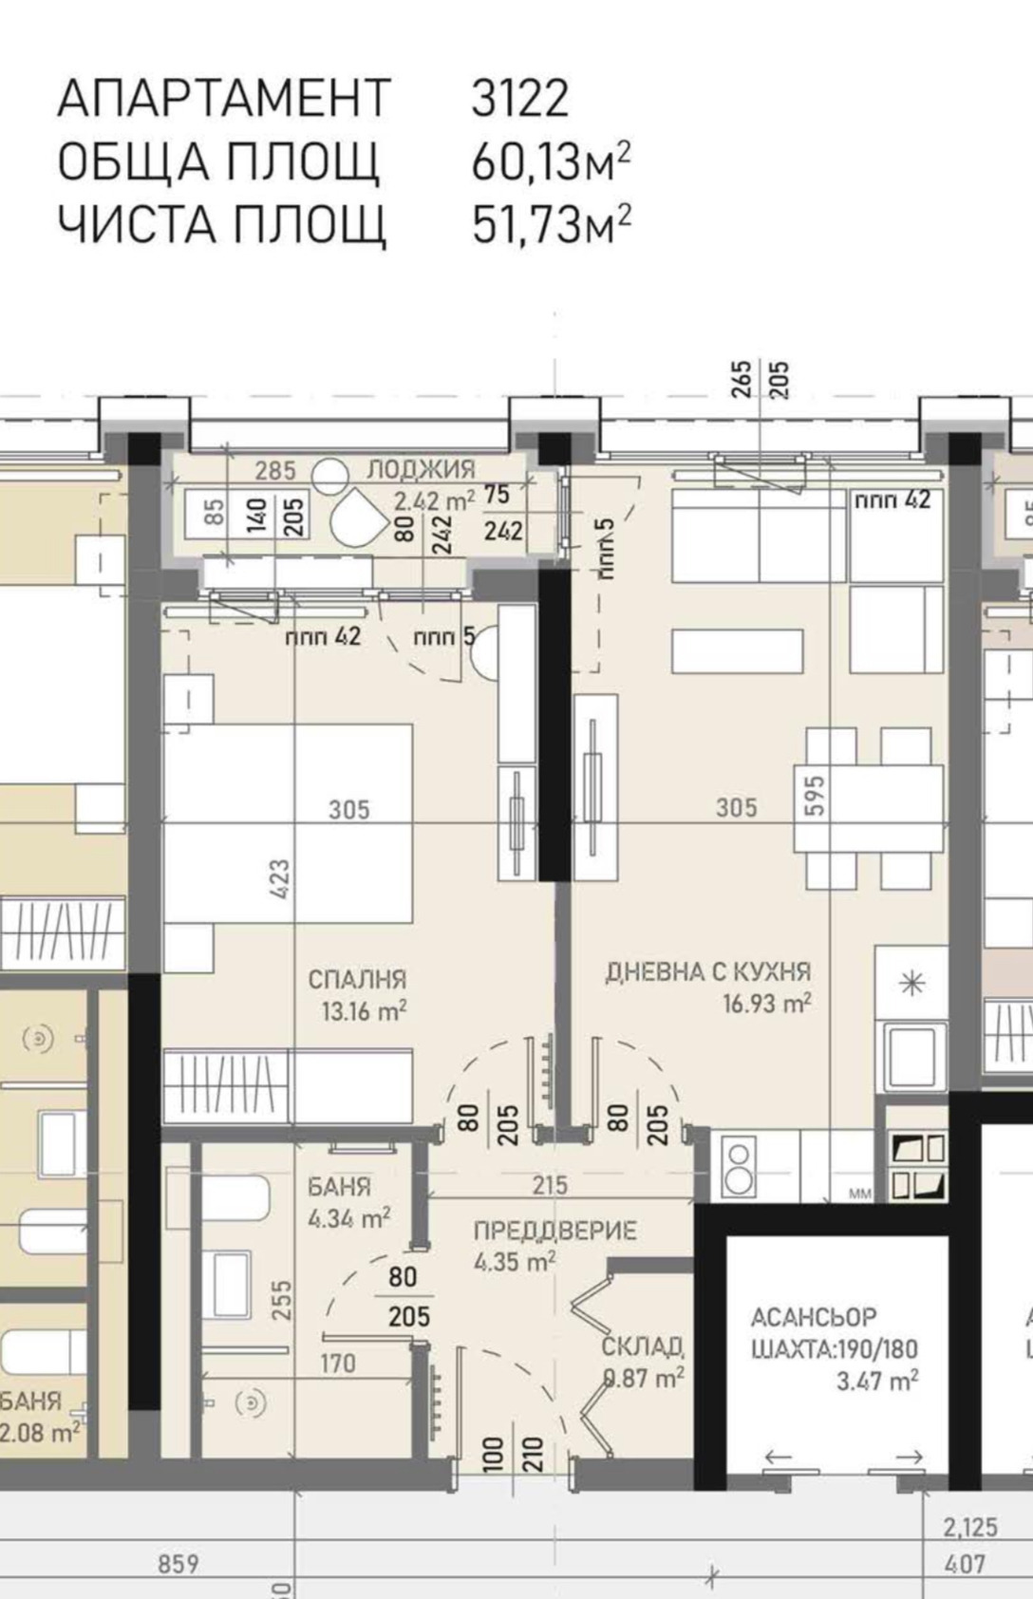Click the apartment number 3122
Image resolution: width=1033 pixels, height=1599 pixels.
pos(519,99)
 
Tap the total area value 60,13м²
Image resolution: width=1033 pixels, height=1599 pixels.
pos(551,162)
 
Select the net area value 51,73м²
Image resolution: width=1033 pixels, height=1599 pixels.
pos(551,225)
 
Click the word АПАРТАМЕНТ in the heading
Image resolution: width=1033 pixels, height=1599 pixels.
pos(224,99)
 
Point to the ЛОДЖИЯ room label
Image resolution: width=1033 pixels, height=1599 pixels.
pos(421,469)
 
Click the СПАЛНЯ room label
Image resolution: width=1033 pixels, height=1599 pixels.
pos(358,979)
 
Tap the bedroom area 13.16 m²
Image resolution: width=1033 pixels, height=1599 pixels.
pos(364,1011)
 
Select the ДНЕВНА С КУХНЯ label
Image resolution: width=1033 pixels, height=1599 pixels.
pos(708,972)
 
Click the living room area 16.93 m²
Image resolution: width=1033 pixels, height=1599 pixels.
pos(766,1004)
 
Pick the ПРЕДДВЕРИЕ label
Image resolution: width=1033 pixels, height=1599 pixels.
pos(554,1232)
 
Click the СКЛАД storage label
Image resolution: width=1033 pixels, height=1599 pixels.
pos(643,1346)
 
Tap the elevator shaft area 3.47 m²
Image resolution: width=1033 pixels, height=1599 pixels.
pos(876,1380)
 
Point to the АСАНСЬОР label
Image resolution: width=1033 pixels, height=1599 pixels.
pos(814,1318)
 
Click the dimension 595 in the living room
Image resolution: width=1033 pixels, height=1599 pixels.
pos(815,796)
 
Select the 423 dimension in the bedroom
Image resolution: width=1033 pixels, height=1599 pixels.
pos(280,877)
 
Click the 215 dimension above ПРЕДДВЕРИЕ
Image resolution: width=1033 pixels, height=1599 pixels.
pos(550,1185)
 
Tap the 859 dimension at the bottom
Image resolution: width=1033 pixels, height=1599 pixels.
pos(178,1563)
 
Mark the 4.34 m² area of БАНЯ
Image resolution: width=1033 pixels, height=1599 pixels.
pos(348,1218)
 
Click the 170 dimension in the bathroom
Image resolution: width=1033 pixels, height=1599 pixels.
pos(337,1364)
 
